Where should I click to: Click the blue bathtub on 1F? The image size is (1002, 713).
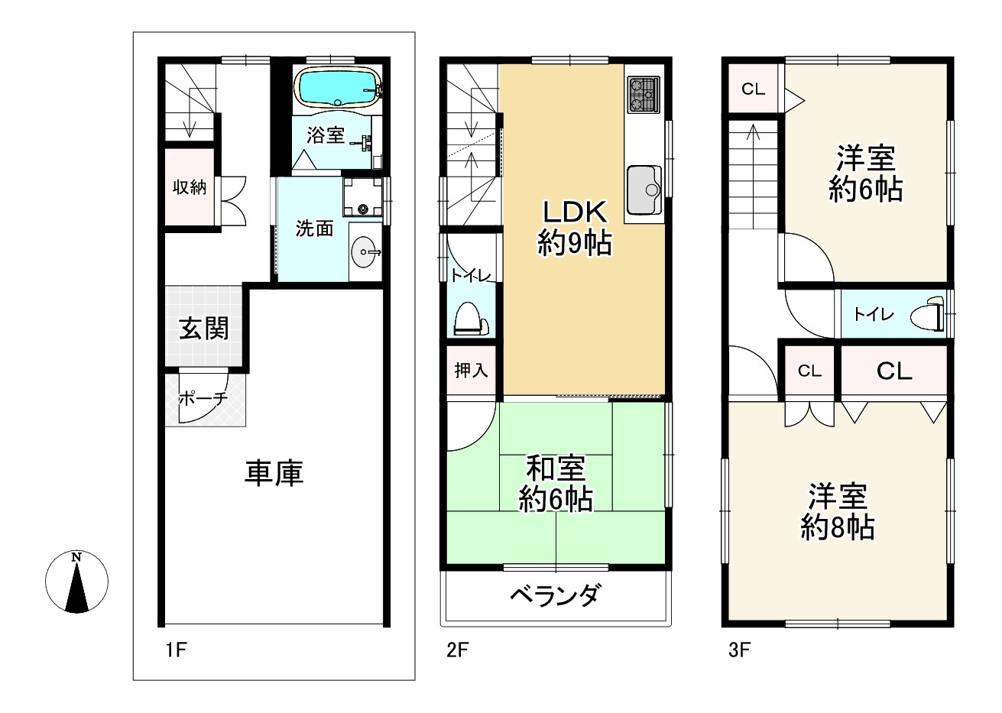pos(338,88)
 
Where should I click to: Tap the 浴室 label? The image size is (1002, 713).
pos(326,135)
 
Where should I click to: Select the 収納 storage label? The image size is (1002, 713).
pos(190,187)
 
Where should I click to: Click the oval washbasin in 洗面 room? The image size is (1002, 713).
pos(365,252)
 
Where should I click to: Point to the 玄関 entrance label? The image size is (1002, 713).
pos(204,329)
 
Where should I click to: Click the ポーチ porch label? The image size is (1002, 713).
pos(203,397)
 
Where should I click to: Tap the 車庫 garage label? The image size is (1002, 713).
pos(274,473)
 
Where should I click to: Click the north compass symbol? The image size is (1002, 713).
pos(77,582)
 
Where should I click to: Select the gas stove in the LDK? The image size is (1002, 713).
pos(644,95)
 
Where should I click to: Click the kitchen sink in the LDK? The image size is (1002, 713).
pos(644,190)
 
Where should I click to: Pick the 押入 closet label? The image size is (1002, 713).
pos(471,371)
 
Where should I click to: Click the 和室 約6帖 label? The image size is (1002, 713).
pos(556,484)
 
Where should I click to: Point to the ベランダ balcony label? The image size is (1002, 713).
pos(554,595)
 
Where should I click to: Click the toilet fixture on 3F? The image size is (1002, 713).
pos(927,314)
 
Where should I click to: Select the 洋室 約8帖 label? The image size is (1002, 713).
pos(838,511)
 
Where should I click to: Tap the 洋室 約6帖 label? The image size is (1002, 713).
pos(865,173)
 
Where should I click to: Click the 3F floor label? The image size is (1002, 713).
pos(739,650)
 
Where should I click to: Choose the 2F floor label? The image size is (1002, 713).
pos(457,650)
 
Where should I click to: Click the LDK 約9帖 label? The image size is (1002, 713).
pos(575,228)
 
